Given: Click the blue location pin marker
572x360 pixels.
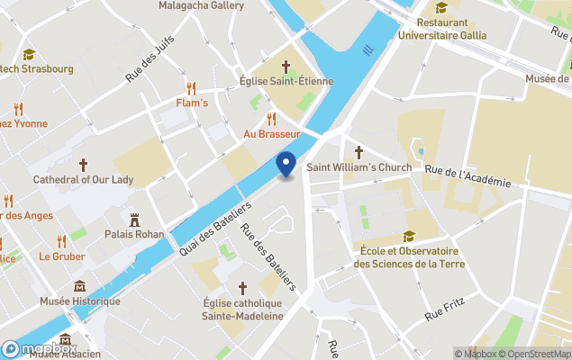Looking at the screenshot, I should pyautogui.click(x=286, y=165).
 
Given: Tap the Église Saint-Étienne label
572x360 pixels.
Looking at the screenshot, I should pyautogui.click(x=286, y=81).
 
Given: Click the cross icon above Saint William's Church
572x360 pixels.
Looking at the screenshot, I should pyautogui.click(x=358, y=152).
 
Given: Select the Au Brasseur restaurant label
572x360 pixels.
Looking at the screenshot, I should pyautogui.click(x=271, y=133).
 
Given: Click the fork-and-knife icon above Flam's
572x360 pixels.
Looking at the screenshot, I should pyautogui.click(x=191, y=88).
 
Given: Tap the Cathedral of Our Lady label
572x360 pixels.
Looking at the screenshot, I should pyautogui.click(x=83, y=179).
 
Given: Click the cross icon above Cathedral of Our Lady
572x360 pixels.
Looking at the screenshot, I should pyautogui.click(x=83, y=165).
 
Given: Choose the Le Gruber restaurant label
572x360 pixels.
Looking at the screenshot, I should pyautogui.click(x=61, y=256).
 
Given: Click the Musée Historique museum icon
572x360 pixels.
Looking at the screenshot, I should pyautogui.click(x=79, y=286).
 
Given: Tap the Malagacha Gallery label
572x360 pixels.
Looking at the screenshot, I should pyautogui.click(x=201, y=5).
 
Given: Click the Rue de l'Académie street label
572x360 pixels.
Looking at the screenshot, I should pyautogui.click(x=468, y=176).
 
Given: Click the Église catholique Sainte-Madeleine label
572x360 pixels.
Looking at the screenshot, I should pyautogui.click(x=241, y=310).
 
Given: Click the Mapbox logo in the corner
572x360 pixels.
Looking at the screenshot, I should pyautogui.click(x=40, y=348).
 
